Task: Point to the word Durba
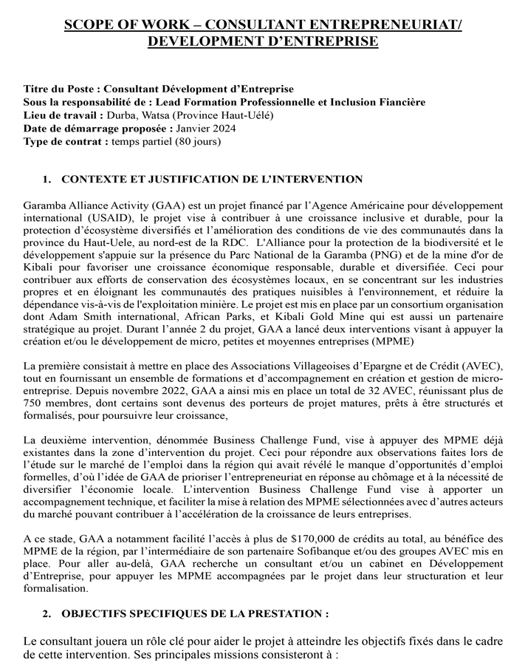pyautogui.click(x=123, y=116)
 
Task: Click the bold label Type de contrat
pyautogui.click(x=63, y=142)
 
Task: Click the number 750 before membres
pyautogui.click(x=34, y=403)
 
